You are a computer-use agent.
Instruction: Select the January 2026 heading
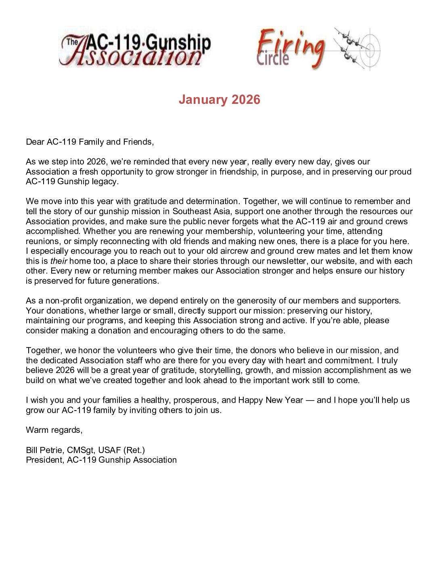pos(219,100)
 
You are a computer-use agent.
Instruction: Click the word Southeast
pos(192,211)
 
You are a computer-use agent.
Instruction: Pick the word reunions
pos(43,241)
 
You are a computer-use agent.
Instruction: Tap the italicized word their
pos(59,261)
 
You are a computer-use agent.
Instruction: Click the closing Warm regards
pos(54,430)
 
